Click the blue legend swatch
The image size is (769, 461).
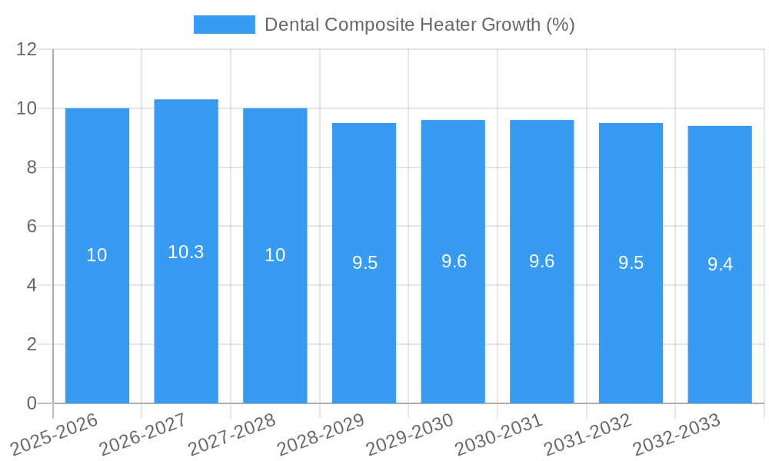click(x=224, y=25)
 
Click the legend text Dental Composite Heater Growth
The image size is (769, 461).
click(x=419, y=25)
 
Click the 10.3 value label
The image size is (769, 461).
click(x=186, y=252)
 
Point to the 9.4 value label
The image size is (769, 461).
click(x=720, y=265)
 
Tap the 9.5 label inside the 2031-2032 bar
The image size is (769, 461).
click(x=631, y=263)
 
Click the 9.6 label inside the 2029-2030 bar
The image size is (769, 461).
click(x=454, y=261)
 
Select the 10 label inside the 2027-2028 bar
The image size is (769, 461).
click(x=275, y=255)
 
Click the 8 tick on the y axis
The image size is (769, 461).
click(x=32, y=167)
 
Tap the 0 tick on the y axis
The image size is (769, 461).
click(x=32, y=403)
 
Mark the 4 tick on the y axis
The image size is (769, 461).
click(x=32, y=286)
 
